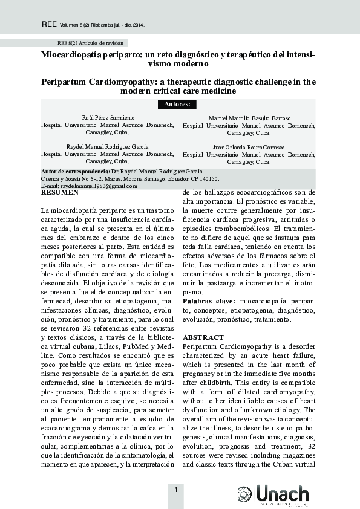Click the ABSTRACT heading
pos(203,337)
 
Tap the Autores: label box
pos(177,104)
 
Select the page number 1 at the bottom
pos(175,490)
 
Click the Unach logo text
pos(282,495)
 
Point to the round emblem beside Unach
pos(244,494)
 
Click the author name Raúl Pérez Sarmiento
pos(108,117)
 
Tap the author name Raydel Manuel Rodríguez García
pos(108,146)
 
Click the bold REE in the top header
pos(48,25)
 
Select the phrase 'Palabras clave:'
pos(209,300)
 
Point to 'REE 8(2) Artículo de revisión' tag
pos(90,44)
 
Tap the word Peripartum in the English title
pos(66,81)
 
